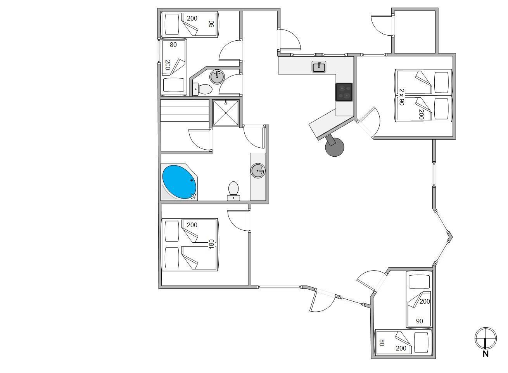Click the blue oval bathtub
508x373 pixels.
180,182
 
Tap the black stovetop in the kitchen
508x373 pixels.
344,92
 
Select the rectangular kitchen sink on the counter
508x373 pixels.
319,67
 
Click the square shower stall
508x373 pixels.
226,113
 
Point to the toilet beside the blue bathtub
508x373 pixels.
233,191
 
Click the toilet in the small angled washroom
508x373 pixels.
202,89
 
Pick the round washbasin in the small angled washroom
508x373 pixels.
217,77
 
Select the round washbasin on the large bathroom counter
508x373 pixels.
258,171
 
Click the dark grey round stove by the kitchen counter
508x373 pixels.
335,147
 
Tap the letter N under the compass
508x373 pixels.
486,354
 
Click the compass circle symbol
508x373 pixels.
486,338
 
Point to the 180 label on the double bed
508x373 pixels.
211,244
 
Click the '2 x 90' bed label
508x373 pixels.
401,97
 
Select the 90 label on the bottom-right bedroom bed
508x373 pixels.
420,321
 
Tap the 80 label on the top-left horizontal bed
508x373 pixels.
211,24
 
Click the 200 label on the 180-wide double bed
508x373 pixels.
192,225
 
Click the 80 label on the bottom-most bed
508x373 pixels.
382,343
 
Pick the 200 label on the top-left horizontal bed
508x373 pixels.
192,18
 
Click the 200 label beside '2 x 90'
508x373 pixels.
421,114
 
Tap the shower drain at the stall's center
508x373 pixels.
226,113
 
